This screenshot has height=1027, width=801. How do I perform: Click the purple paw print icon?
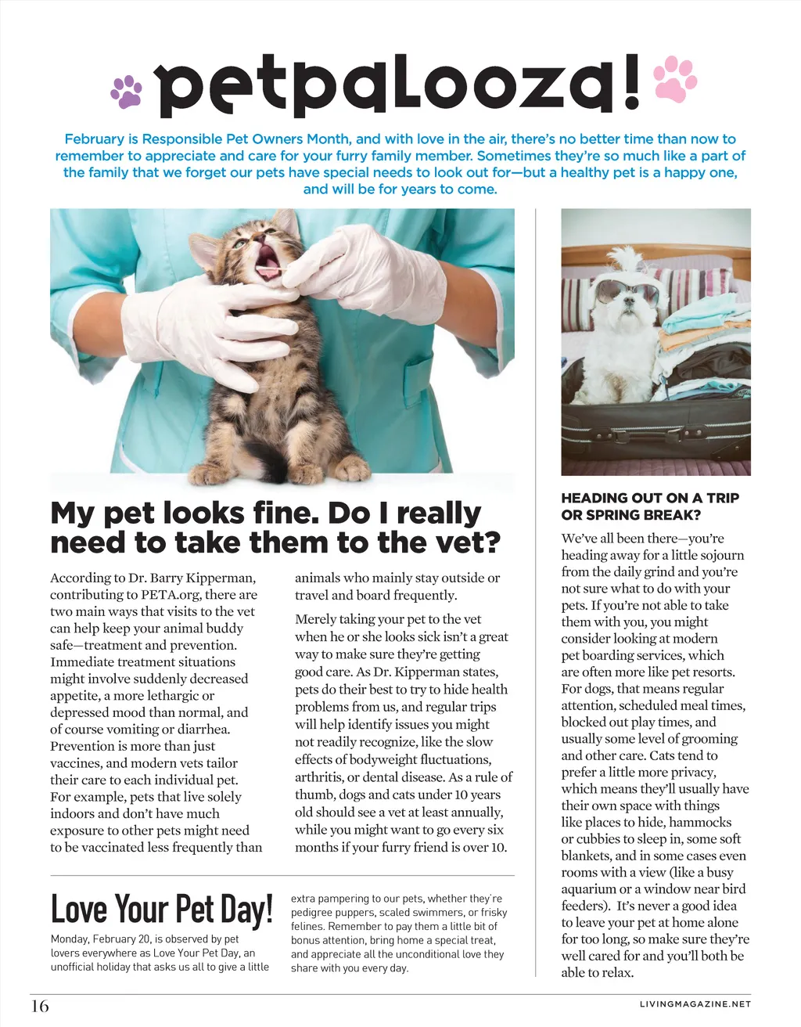click(127, 90)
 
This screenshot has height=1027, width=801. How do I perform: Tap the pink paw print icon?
click(674, 78)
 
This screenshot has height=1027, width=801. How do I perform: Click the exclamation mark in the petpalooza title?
click(632, 81)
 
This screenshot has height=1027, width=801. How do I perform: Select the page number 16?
click(39, 1006)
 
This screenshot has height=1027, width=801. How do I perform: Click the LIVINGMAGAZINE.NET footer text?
click(695, 1004)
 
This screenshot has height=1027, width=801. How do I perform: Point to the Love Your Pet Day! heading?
click(161, 909)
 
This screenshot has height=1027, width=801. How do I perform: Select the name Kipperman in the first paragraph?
click(220, 578)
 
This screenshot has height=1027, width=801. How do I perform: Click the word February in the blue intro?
click(94, 139)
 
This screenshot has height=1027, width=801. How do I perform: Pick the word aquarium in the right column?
click(588, 888)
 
